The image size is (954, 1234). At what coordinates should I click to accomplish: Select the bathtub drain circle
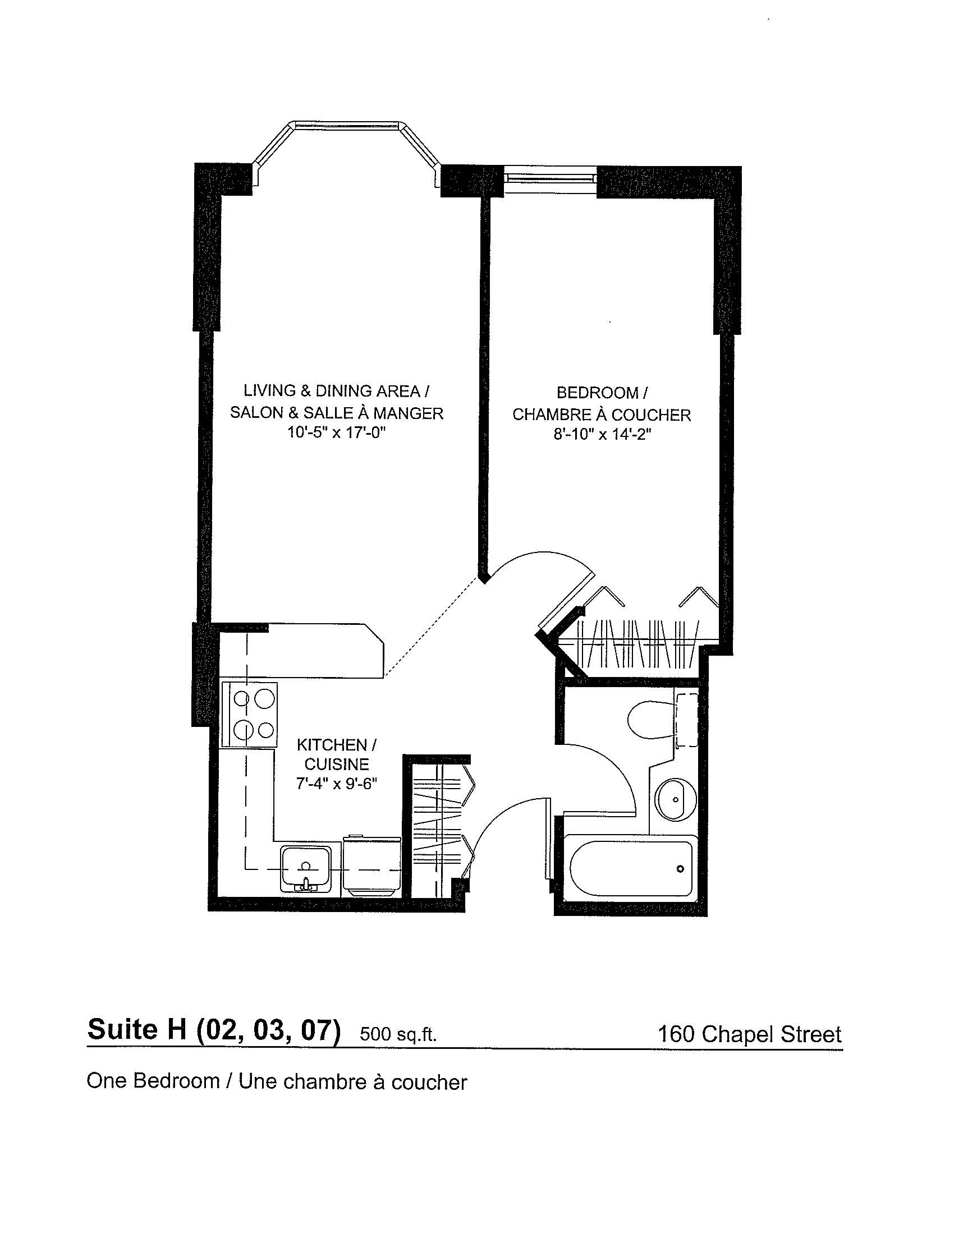point(681,868)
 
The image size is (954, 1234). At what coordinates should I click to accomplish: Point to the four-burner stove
point(250,715)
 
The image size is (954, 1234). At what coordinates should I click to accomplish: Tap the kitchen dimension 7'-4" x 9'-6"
point(336,784)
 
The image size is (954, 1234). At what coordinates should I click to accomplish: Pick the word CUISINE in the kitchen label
point(336,765)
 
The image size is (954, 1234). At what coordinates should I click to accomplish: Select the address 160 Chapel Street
point(749,1034)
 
